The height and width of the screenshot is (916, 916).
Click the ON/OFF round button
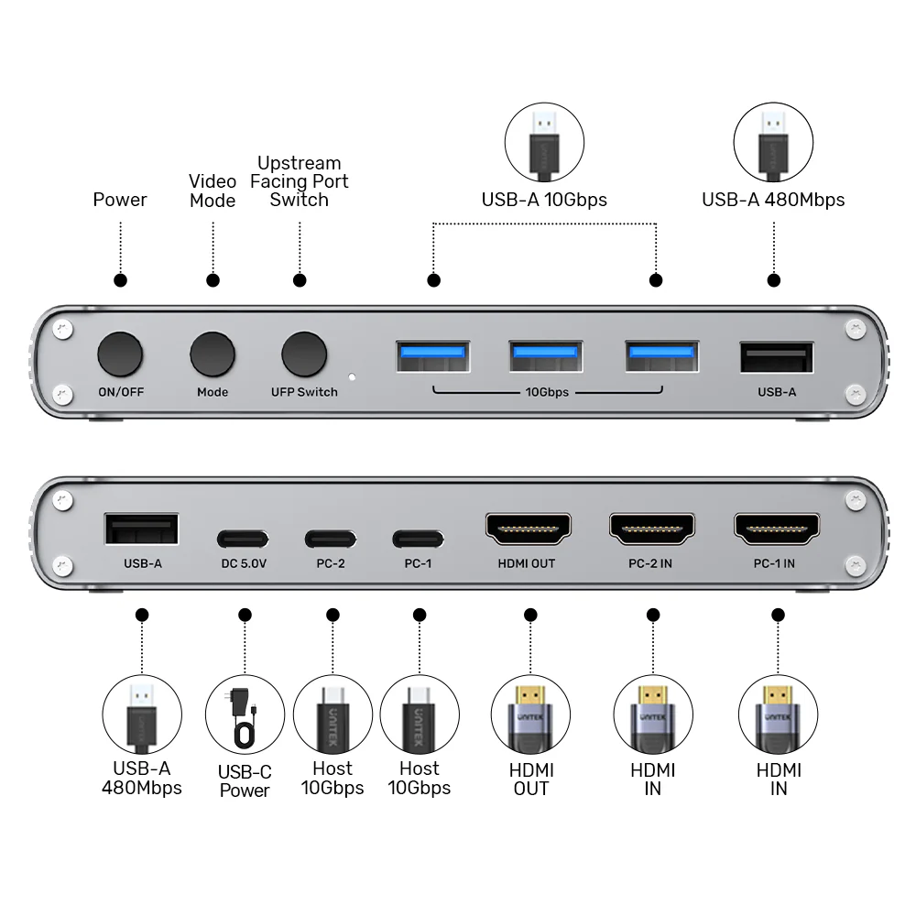[x=121, y=354]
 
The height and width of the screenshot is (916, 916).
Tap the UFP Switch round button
[x=304, y=354]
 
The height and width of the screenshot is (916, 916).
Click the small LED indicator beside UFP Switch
[x=352, y=376]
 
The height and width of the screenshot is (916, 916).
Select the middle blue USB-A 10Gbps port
[x=546, y=356]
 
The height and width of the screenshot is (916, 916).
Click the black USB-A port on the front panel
[x=777, y=356]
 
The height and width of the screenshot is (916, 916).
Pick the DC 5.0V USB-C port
[x=244, y=539]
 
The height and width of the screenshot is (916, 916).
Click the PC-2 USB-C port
[x=331, y=539]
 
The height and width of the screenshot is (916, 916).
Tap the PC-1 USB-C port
[x=418, y=539]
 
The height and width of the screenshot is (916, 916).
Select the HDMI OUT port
[x=528, y=529]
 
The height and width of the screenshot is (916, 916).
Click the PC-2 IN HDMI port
[x=651, y=529]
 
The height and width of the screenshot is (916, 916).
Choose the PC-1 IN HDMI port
[x=775, y=529]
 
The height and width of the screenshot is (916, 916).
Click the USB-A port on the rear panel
[x=142, y=530]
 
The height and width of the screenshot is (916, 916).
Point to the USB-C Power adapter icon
[x=244, y=715]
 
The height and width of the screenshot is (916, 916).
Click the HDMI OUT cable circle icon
[x=530, y=714]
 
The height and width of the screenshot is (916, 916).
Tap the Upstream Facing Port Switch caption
[x=300, y=181]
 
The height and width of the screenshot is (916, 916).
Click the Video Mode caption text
[x=213, y=191]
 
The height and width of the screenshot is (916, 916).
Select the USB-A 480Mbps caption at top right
[x=773, y=200]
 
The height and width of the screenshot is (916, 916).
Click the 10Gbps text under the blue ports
[x=547, y=392]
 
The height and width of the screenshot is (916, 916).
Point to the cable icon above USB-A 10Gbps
[x=544, y=141]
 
